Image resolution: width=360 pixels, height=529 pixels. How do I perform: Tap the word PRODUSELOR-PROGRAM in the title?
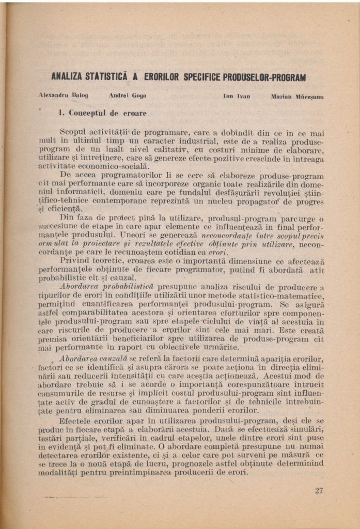click(x=264, y=77)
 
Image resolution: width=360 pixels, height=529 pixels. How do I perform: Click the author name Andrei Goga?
click(x=128, y=96)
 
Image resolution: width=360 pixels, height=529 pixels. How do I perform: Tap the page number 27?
click(x=319, y=490)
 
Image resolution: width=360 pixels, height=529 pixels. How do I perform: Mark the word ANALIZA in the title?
click(x=68, y=77)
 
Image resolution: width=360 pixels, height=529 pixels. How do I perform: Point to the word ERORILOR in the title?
click(x=161, y=77)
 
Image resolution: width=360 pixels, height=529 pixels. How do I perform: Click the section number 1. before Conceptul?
click(x=60, y=113)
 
